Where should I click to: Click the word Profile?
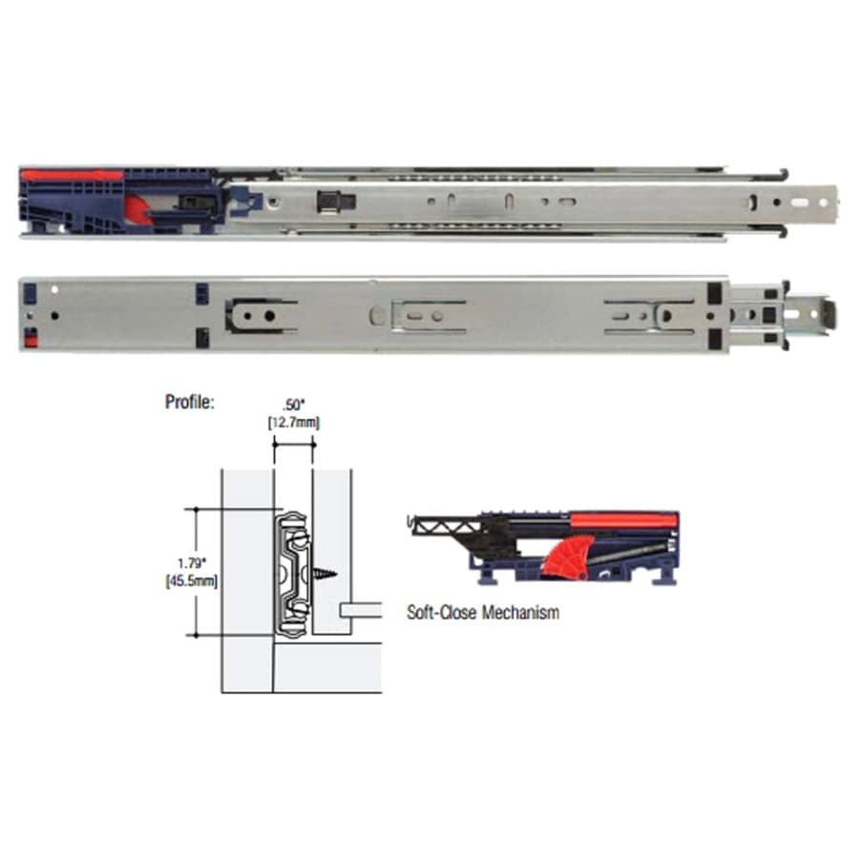189,402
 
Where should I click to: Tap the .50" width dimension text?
294,405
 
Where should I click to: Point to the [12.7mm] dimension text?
294,423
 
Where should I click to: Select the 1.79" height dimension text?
191,563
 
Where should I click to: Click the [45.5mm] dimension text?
191,580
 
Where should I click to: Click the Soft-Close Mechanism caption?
483,612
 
